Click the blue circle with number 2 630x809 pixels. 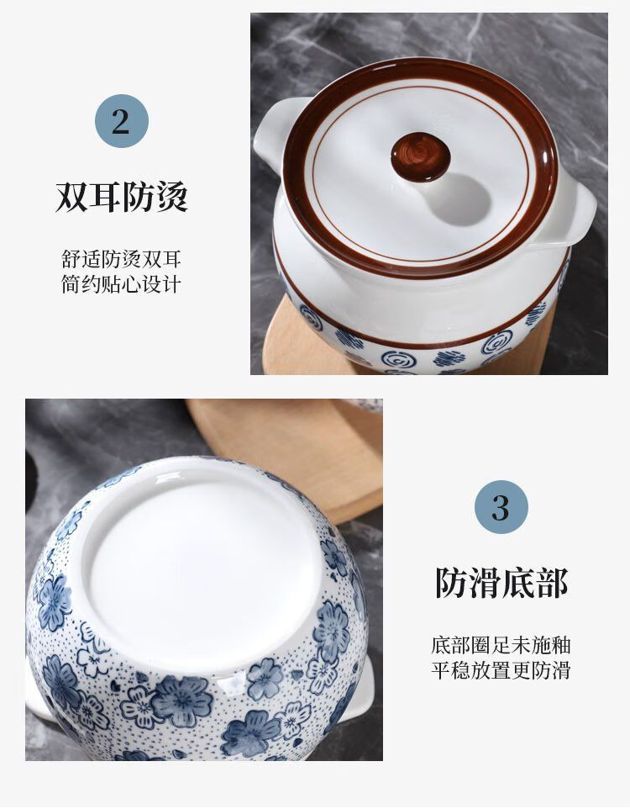coord(121,121)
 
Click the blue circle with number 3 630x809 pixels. coord(501,507)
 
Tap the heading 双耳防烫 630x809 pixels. coord(121,196)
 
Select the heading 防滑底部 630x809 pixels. coord(501,583)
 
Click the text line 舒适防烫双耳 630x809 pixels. coord(121,259)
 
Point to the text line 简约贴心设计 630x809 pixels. coord(121,284)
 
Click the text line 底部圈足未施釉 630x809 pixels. coord(501,645)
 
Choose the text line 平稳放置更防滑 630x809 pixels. coord(501,670)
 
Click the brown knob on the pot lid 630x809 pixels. coord(420,157)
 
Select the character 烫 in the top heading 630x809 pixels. coord(171,197)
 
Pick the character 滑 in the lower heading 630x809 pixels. coord(485,583)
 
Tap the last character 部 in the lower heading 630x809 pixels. coord(551,583)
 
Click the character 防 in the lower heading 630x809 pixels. coord(451,583)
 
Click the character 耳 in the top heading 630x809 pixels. coord(105,197)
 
